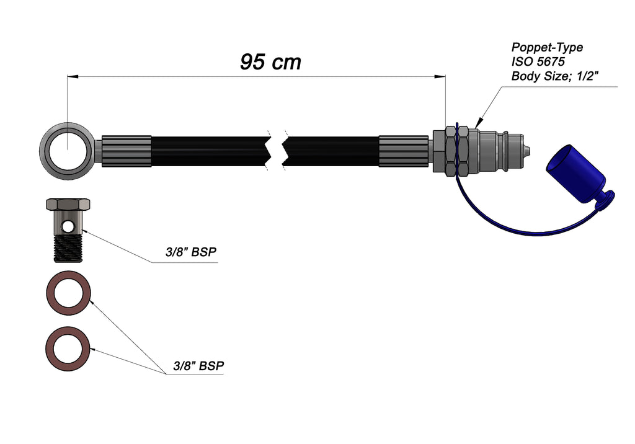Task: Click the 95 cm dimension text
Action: tap(270, 62)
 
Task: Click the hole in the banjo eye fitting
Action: tap(67, 151)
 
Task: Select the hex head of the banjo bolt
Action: tap(68, 204)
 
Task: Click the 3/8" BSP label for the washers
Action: tap(198, 366)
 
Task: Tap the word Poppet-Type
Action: tap(547, 47)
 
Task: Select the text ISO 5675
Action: tap(538, 62)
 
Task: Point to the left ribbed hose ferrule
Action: tap(126, 151)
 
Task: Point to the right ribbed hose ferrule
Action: tap(404, 151)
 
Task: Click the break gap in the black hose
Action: tap(277, 151)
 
